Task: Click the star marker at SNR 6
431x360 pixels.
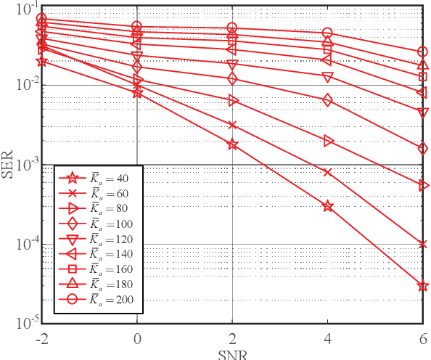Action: click(x=422, y=286)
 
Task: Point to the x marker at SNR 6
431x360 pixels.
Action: click(x=422, y=244)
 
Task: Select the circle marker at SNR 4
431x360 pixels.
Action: click(x=327, y=33)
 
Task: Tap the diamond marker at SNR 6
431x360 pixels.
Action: click(x=422, y=148)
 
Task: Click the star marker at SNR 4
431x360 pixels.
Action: click(x=327, y=206)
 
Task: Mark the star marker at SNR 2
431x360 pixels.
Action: click(x=232, y=144)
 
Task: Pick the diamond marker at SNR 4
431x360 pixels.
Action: click(x=327, y=100)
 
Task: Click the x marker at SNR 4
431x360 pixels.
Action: click(x=327, y=173)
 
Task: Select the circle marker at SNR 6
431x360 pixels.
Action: click(x=422, y=52)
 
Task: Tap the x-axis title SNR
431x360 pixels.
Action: click(x=232, y=355)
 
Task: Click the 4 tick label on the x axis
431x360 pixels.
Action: click(x=327, y=337)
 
